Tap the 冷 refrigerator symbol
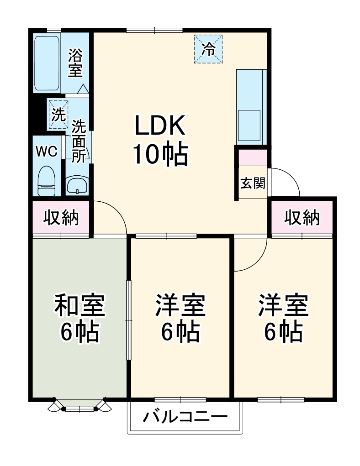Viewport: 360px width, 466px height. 208,49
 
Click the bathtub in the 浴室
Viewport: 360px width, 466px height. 47,63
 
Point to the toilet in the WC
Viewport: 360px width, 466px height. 46,180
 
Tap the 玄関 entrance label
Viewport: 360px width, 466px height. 253,183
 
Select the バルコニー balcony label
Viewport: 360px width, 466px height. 185,417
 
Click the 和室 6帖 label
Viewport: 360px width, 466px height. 79,318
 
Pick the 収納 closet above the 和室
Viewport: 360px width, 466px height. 61,218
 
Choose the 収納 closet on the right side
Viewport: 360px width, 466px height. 302,218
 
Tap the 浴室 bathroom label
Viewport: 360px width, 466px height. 75,63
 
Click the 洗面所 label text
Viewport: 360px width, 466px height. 79,141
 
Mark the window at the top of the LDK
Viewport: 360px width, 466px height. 154,31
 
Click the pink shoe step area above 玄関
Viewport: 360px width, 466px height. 253,157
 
